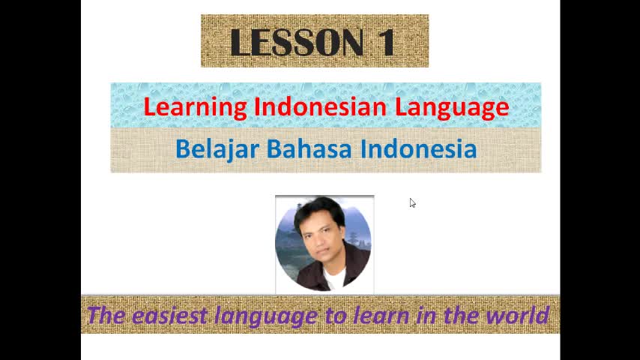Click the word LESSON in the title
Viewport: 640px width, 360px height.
297,42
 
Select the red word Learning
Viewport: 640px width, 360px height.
195,107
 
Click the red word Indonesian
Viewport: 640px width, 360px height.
321,106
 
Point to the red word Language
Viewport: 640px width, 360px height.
452,107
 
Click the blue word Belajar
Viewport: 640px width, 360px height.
217,149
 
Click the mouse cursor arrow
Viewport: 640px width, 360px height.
412,203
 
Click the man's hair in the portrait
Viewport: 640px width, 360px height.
318,211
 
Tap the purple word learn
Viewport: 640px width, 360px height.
381,316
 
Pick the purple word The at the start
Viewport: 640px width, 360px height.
106,315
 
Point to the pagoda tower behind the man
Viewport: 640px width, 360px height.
354,234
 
